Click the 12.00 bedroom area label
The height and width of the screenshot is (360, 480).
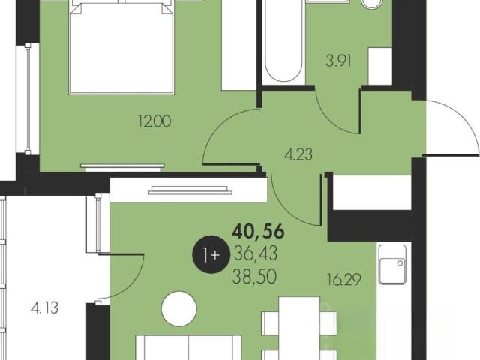[x=154, y=121]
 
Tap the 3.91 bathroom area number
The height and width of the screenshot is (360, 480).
[x=338, y=61]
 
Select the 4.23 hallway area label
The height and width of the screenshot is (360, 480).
[x=298, y=154]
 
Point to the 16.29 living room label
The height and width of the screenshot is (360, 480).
[x=344, y=279]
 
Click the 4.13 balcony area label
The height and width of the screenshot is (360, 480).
[x=44, y=307]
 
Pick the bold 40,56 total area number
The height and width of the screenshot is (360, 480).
[x=258, y=232]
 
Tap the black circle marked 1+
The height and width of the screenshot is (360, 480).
[x=211, y=254]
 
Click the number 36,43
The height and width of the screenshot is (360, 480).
[x=256, y=253]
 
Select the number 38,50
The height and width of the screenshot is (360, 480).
[x=255, y=277]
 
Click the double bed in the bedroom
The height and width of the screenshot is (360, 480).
[x=121, y=46]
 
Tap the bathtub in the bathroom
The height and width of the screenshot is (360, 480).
[x=283, y=41]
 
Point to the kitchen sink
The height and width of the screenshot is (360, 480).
[x=392, y=265]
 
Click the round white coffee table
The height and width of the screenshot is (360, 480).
[x=179, y=308]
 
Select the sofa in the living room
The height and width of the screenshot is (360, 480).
[x=188, y=347]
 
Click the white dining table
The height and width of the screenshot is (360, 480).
[x=299, y=328]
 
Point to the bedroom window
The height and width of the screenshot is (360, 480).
[x=28, y=98]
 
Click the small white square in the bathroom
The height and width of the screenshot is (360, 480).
[x=379, y=66]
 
